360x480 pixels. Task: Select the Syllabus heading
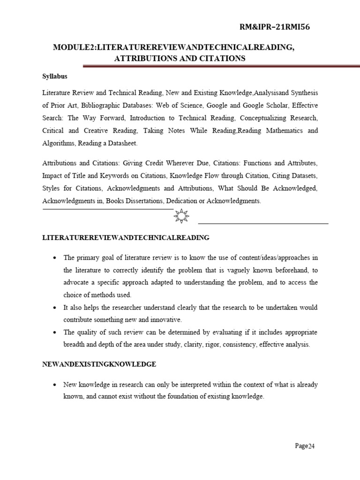click(x=55, y=76)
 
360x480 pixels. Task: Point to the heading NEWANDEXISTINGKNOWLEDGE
click(x=99, y=364)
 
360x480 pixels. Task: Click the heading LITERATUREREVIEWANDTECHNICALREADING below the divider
click(x=126, y=238)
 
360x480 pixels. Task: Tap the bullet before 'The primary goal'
click(x=55, y=258)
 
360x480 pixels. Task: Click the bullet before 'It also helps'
click(x=55, y=307)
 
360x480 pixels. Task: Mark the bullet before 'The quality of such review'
click(x=55, y=332)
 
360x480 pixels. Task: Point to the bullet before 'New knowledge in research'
click(x=55, y=384)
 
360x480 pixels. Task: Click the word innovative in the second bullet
click(x=165, y=320)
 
